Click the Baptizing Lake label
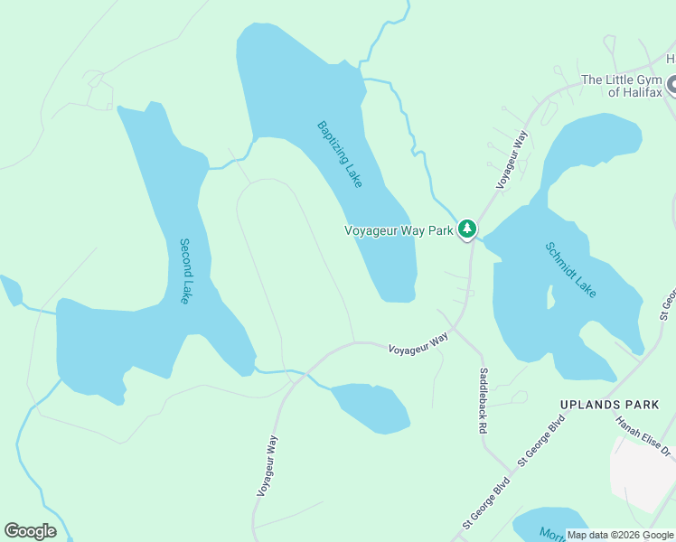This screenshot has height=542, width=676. click(340, 154)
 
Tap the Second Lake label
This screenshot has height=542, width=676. click(184, 270)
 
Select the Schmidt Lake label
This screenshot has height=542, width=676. click(570, 269)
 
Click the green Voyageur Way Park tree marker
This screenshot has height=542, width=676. click(466, 229)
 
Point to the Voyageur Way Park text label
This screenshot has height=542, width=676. click(399, 230)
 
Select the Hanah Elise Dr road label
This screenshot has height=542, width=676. click(643, 435)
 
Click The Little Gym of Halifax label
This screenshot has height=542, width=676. click(622, 86)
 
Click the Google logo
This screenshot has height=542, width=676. click(31, 531)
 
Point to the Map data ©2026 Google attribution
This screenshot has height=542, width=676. click(619, 535)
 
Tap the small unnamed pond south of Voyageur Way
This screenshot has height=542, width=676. click(371, 406)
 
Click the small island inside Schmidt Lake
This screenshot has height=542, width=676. click(549, 294)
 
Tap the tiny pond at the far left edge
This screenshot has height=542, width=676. click(11, 291)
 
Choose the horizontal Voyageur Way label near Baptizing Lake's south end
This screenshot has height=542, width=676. click(418, 342)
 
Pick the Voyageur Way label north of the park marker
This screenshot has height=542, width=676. click(511, 159)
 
